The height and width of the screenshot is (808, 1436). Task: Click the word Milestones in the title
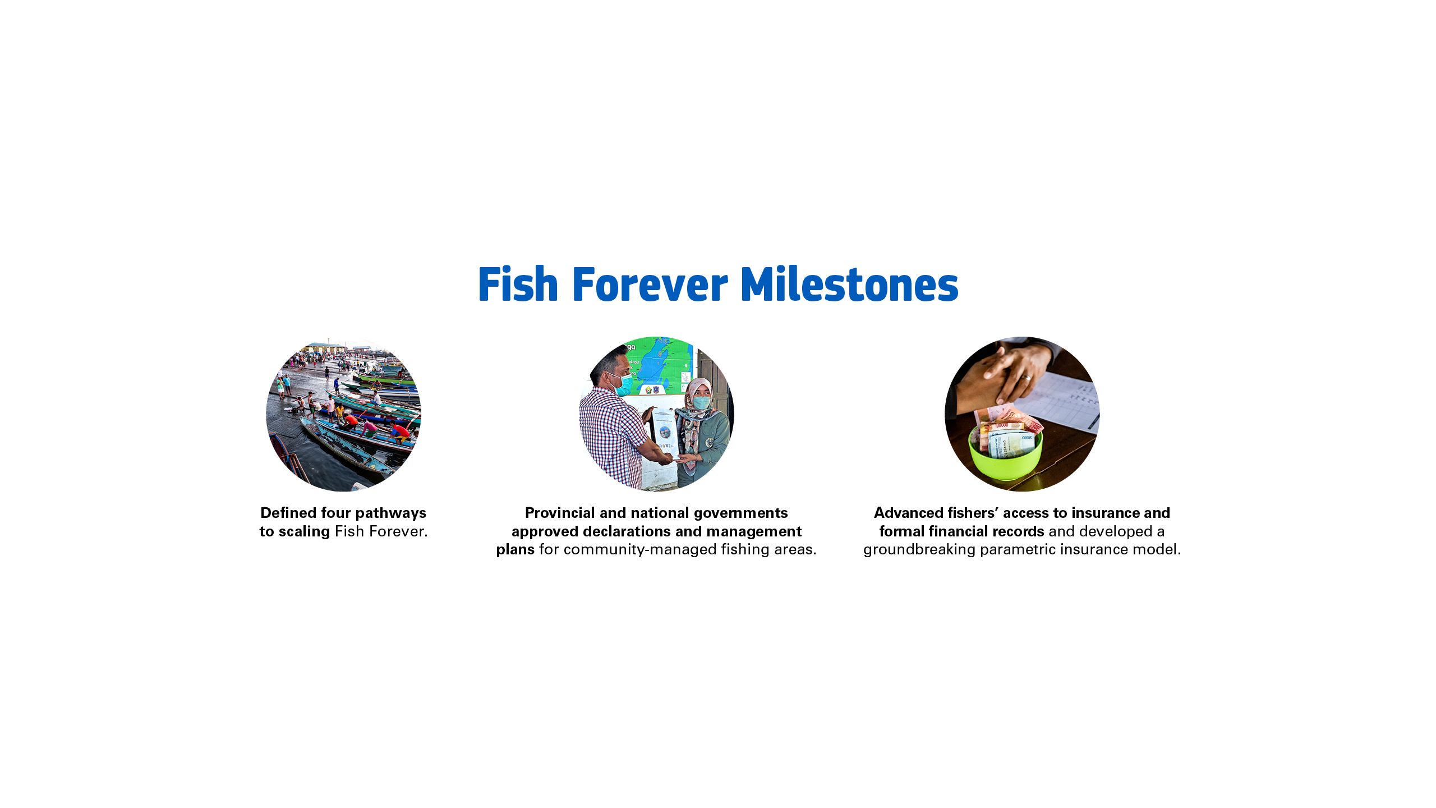click(849, 284)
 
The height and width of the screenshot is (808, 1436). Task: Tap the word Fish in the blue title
click(518, 284)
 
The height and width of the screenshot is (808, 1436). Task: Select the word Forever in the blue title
click(650, 284)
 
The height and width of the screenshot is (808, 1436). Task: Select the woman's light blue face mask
click(701, 402)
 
